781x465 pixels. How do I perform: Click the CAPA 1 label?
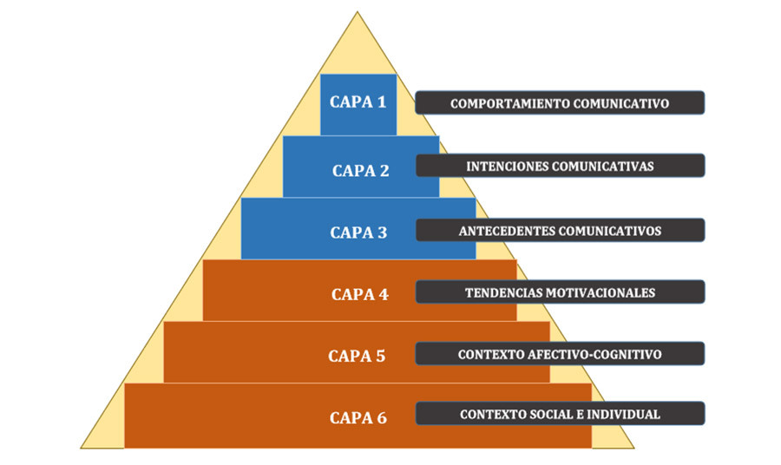[x=358, y=102]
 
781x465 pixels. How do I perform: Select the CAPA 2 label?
[x=360, y=170]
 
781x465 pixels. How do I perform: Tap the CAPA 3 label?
[x=358, y=232]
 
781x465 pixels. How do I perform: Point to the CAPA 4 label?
[x=359, y=294]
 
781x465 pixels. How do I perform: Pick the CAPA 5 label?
[x=357, y=356]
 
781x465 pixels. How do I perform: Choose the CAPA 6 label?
[x=358, y=417]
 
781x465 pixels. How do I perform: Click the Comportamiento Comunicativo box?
[x=560, y=103]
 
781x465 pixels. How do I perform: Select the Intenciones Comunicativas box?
[x=560, y=166]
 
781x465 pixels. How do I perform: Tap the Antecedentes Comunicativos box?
[x=560, y=230]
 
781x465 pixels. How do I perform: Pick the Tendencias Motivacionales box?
[x=560, y=291]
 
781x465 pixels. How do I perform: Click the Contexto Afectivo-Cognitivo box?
[x=560, y=354]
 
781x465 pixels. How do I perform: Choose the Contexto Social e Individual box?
[x=560, y=414]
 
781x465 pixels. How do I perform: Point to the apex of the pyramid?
[x=357, y=13]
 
